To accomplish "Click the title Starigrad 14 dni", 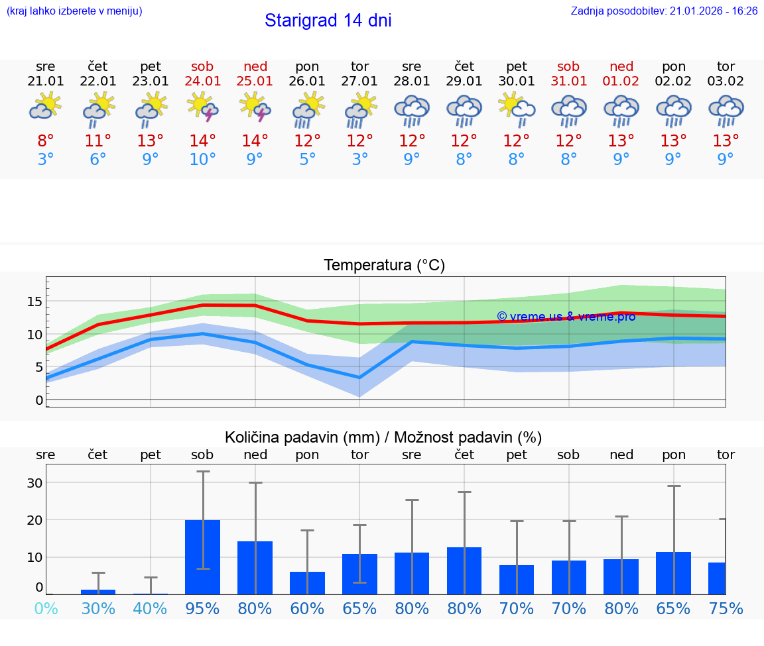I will (x=328, y=21).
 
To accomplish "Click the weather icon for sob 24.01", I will (x=202, y=107).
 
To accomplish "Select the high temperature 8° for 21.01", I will (x=46, y=141).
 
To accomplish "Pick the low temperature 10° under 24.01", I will (x=202, y=160).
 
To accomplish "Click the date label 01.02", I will (x=621, y=81).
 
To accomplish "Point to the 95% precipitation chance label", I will (x=202, y=609).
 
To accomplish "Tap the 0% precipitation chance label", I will (x=46, y=609).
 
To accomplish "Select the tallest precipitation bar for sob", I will (x=202, y=557).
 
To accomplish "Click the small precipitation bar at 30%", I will (x=98, y=592).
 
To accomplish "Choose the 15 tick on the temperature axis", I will (x=34, y=301).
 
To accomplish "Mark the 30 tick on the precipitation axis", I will (x=34, y=483).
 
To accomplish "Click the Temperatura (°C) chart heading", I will (x=384, y=266).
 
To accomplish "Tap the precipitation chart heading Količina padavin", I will (x=383, y=437).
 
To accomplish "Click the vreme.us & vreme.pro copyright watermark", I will (x=566, y=317).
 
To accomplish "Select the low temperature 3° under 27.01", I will (x=359, y=160).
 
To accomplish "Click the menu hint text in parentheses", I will (x=74, y=11).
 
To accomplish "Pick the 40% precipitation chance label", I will (x=151, y=609).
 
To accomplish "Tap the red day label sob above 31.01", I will (x=568, y=66).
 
